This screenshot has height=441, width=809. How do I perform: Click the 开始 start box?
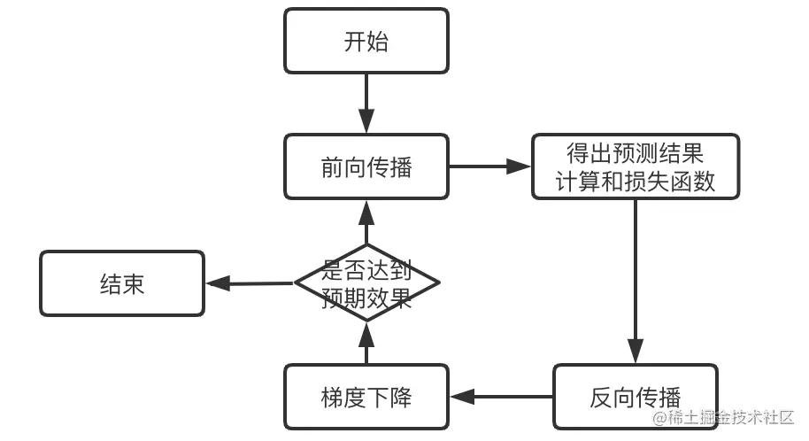coord(366,41)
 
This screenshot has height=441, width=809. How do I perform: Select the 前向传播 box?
coord(366,166)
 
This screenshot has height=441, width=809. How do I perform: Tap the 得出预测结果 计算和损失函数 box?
coord(635,166)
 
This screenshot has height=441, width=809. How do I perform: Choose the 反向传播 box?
coord(635,397)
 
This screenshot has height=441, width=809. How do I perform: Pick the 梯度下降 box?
coord(366,397)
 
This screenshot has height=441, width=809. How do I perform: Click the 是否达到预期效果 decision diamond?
coord(366,283)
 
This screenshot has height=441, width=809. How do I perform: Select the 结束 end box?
coord(122,283)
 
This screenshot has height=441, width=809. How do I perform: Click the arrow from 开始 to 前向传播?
coord(366,103)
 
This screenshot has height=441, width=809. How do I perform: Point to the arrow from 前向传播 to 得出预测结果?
coord(489,166)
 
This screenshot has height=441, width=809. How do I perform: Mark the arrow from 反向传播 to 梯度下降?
coord(501,397)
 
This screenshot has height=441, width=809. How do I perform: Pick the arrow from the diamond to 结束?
coord(250,283)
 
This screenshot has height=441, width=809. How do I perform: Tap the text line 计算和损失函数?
coord(635,182)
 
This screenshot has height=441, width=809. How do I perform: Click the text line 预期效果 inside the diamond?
coord(366,298)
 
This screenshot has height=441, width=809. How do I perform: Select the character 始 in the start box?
coord(377,41)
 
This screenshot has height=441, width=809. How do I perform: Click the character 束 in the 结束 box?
coord(134,283)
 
